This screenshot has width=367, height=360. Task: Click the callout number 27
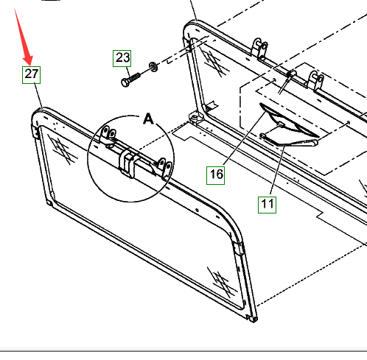pyautogui.click(x=31, y=75)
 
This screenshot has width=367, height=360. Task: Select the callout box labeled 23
pyautogui.click(x=122, y=58)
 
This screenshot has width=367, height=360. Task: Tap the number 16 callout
pyautogui.click(x=215, y=175)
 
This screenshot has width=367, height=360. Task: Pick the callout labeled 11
pyautogui.click(x=267, y=205)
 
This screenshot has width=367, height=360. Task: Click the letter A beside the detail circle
pyautogui.click(x=148, y=119)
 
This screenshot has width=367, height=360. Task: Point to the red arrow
pyautogui.click(x=24, y=37)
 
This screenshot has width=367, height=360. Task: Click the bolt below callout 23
pyautogui.click(x=130, y=80)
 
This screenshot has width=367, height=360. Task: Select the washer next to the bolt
pyautogui.click(x=153, y=67)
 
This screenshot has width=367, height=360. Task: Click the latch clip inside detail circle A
pyautogui.click(x=127, y=163)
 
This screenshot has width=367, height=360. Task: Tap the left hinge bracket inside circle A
pyautogui.click(x=108, y=135)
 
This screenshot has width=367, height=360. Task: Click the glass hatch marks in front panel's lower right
pyautogui.click(x=221, y=281)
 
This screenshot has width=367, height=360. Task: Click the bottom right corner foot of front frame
pyautogui.click(x=253, y=319)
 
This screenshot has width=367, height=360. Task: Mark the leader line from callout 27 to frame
pyautogui.click(x=38, y=96)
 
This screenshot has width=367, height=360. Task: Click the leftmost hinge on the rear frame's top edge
pyautogui.click(x=259, y=49)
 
